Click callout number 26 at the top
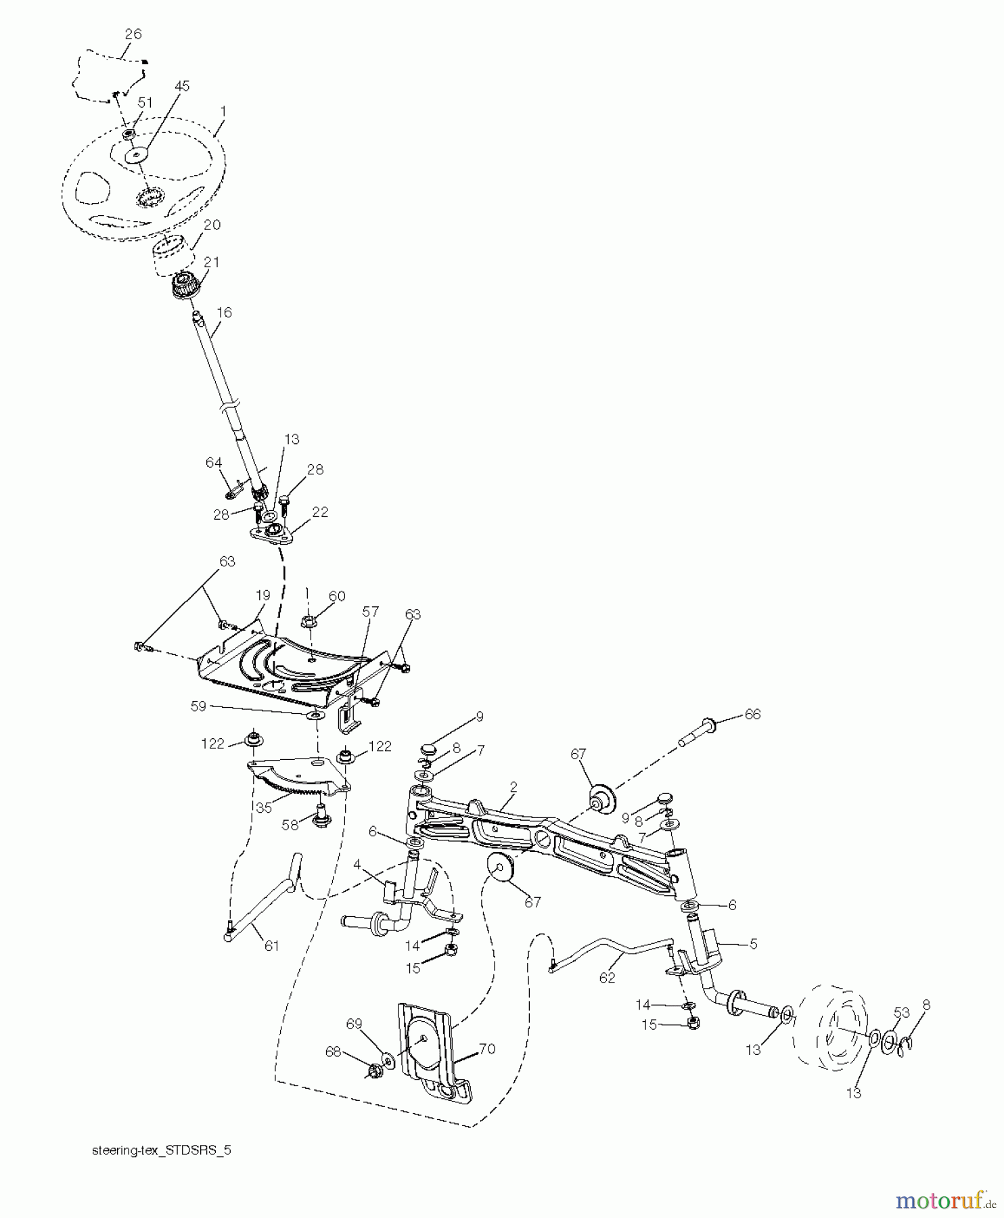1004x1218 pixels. click(x=133, y=34)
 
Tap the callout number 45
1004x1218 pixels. click(x=181, y=87)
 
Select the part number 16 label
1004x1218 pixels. click(x=224, y=312)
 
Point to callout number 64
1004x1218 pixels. click(x=214, y=463)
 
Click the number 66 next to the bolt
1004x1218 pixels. click(x=752, y=715)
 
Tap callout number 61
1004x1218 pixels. click(x=271, y=946)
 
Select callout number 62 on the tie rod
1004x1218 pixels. click(x=607, y=978)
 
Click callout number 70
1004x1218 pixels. click(x=487, y=1050)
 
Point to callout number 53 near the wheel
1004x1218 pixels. click(x=901, y=1012)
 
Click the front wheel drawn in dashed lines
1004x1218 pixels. click(x=833, y=1032)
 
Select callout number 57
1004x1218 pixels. click(x=369, y=612)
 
